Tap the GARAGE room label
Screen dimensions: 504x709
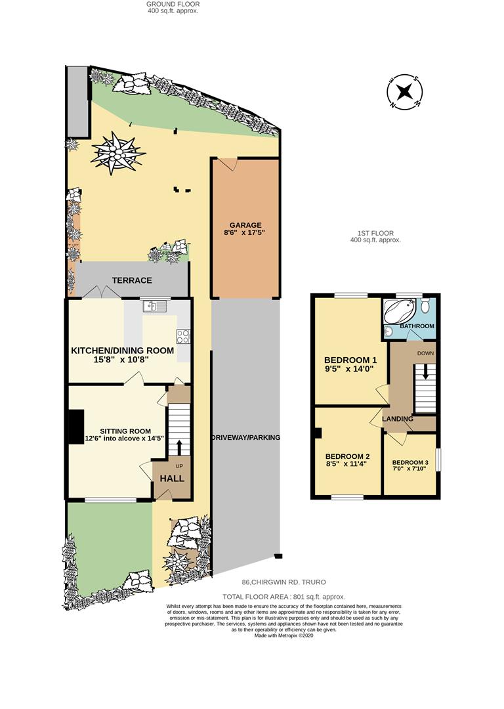(245, 225)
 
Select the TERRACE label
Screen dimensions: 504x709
(132, 280)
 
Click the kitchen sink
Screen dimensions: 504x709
(155, 307)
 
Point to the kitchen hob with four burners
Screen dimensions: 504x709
(183, 336)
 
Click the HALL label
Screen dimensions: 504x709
(172, 479)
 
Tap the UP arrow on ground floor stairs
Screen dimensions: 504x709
(179, 448)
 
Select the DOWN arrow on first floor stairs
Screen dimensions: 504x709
(425, 373)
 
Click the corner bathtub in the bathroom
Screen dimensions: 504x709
(400, 311)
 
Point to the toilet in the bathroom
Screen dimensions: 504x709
(425, 306)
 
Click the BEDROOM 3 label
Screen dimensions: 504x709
(410, 463)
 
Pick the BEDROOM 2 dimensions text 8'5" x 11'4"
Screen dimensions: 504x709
(346, 464)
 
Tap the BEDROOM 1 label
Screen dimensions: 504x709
(351, 360)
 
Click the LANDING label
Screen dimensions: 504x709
(398, 419)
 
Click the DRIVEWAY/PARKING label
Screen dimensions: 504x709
(246, 438)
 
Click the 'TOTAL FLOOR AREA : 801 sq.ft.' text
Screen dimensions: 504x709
(284, 597)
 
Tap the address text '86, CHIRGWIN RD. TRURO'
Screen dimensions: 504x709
(284, 582)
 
